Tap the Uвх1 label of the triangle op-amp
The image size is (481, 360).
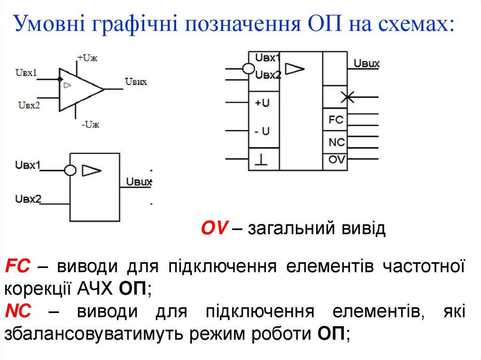[x=26, y=73]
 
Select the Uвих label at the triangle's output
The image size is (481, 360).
[x=136, y=82]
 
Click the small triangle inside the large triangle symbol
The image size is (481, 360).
[x=68, y=85]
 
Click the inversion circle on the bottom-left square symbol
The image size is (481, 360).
[x=70, y=170]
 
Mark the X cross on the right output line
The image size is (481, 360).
[x=348, y=97]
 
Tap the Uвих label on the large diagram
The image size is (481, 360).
[x=366, y=63]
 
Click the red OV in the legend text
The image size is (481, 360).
[x=215, y=229]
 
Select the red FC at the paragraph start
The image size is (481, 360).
[x=17, y=267]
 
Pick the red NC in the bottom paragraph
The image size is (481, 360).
[x=18, y=311]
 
